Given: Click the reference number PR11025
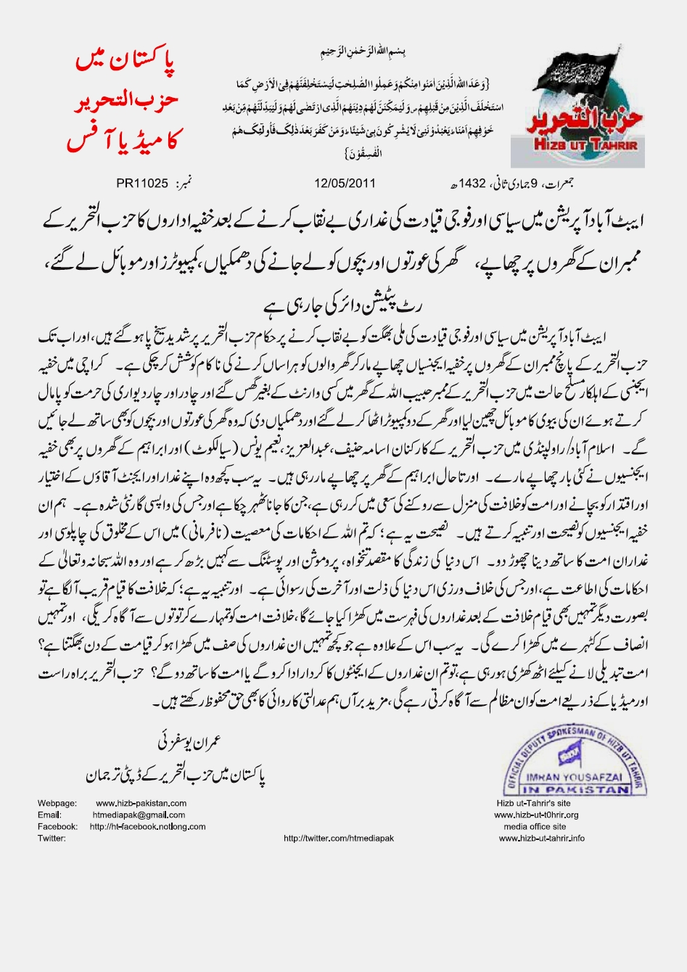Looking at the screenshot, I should (142, 182).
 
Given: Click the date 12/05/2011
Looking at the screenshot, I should (345, 182).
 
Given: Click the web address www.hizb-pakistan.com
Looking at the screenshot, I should (141, 804).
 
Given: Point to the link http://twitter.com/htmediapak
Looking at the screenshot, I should (339, 839).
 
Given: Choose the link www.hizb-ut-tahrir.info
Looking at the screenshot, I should (542, 839).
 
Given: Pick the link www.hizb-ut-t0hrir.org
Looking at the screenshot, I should (536, 815).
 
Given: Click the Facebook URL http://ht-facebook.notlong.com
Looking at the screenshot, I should (142, 827).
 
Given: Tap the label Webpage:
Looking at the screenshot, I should (57, 804).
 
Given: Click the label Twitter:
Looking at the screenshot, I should (52, 839).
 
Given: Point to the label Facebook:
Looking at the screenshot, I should (57, 827).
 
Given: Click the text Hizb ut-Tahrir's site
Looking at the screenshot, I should (534, 804).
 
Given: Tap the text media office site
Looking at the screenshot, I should (535, 827).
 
